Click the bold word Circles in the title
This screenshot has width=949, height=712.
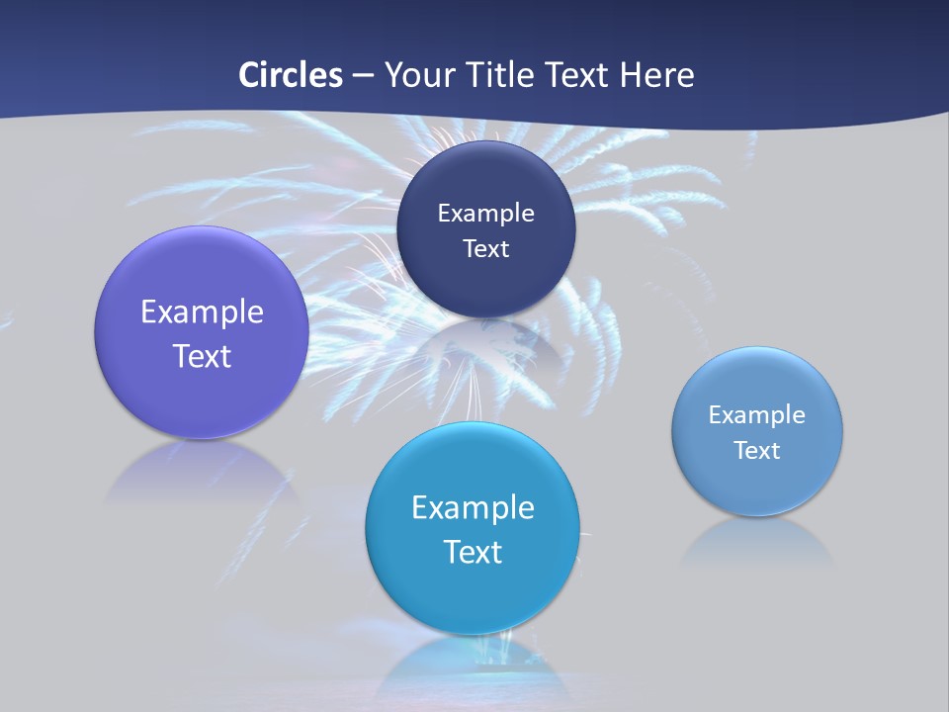tap(291, 75)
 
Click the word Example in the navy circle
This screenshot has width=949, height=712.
tap(485, 213)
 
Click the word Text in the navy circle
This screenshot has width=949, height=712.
tap(485, 248)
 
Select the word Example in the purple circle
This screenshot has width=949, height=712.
tap(202, 311)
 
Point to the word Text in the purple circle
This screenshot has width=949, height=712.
tap(202, 356)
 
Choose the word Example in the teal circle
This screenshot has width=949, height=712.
tap(473, 507)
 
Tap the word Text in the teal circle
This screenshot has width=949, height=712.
tap(473, 552)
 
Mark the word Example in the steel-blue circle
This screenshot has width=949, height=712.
tap(757, 414)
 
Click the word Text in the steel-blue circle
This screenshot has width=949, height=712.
tap(757, 450)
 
